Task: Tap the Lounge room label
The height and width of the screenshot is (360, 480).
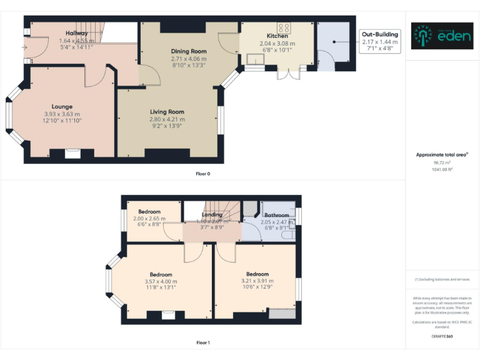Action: (62, 107)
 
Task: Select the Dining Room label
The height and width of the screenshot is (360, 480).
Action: (188, 51)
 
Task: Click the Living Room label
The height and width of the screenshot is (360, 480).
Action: (167, 112)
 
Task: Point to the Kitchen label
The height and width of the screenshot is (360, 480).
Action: (277, 36)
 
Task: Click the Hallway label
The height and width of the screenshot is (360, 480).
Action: (77, 33)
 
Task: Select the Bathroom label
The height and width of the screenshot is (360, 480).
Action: (277, 215)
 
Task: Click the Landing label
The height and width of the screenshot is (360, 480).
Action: (212, 215)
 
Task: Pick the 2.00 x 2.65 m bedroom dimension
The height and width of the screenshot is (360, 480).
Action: (149, 219)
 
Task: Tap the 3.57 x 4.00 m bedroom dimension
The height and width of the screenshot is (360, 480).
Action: (160, 281)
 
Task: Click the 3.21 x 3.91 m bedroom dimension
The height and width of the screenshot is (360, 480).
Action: (257, 281)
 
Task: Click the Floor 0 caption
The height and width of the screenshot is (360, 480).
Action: (203, 174)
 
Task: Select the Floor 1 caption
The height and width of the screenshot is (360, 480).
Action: (203, 342)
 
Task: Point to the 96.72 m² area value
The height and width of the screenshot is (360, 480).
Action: (442, 162)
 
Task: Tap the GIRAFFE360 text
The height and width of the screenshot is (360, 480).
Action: (442, 337)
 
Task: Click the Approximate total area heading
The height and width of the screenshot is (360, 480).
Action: (442, 154)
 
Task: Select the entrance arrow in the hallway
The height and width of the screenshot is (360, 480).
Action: (24, 47)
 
